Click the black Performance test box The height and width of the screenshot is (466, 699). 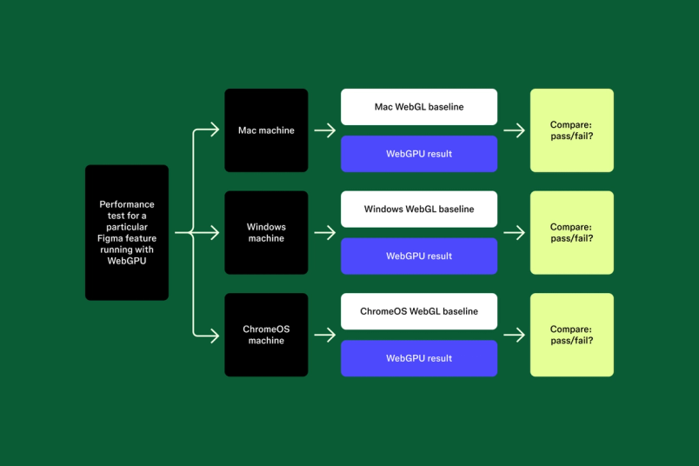tap(127, 232)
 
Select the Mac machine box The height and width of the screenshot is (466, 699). tap(266, 130)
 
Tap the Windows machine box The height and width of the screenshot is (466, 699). tap(266, 232)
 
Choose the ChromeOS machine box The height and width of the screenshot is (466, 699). tap(266, 335)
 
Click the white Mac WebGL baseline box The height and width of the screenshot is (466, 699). tap(419, 107)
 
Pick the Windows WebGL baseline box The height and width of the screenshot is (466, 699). tap(419, 209)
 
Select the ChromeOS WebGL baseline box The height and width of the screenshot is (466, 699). tap(419, 311)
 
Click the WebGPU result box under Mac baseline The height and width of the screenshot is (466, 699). tap(419, 154)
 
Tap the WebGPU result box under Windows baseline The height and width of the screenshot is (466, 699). tap(419, 256)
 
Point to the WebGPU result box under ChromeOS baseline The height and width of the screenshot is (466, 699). tap(419, 358)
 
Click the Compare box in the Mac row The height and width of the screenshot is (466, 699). tap(571, 130)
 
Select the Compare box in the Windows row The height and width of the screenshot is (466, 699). tap(571, 232)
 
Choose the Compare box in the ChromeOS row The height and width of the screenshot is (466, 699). tap(571, 335)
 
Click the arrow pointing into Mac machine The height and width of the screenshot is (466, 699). tap(209, 130)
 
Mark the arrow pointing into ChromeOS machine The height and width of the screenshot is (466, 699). tap(209, 335)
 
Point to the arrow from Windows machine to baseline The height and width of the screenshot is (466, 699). tap(324, 232)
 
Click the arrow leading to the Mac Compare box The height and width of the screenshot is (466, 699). tap(514, 130)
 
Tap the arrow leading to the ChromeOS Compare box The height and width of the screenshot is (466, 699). tap(514, 335)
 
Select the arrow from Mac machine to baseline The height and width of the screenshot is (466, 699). tap(324, 130)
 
